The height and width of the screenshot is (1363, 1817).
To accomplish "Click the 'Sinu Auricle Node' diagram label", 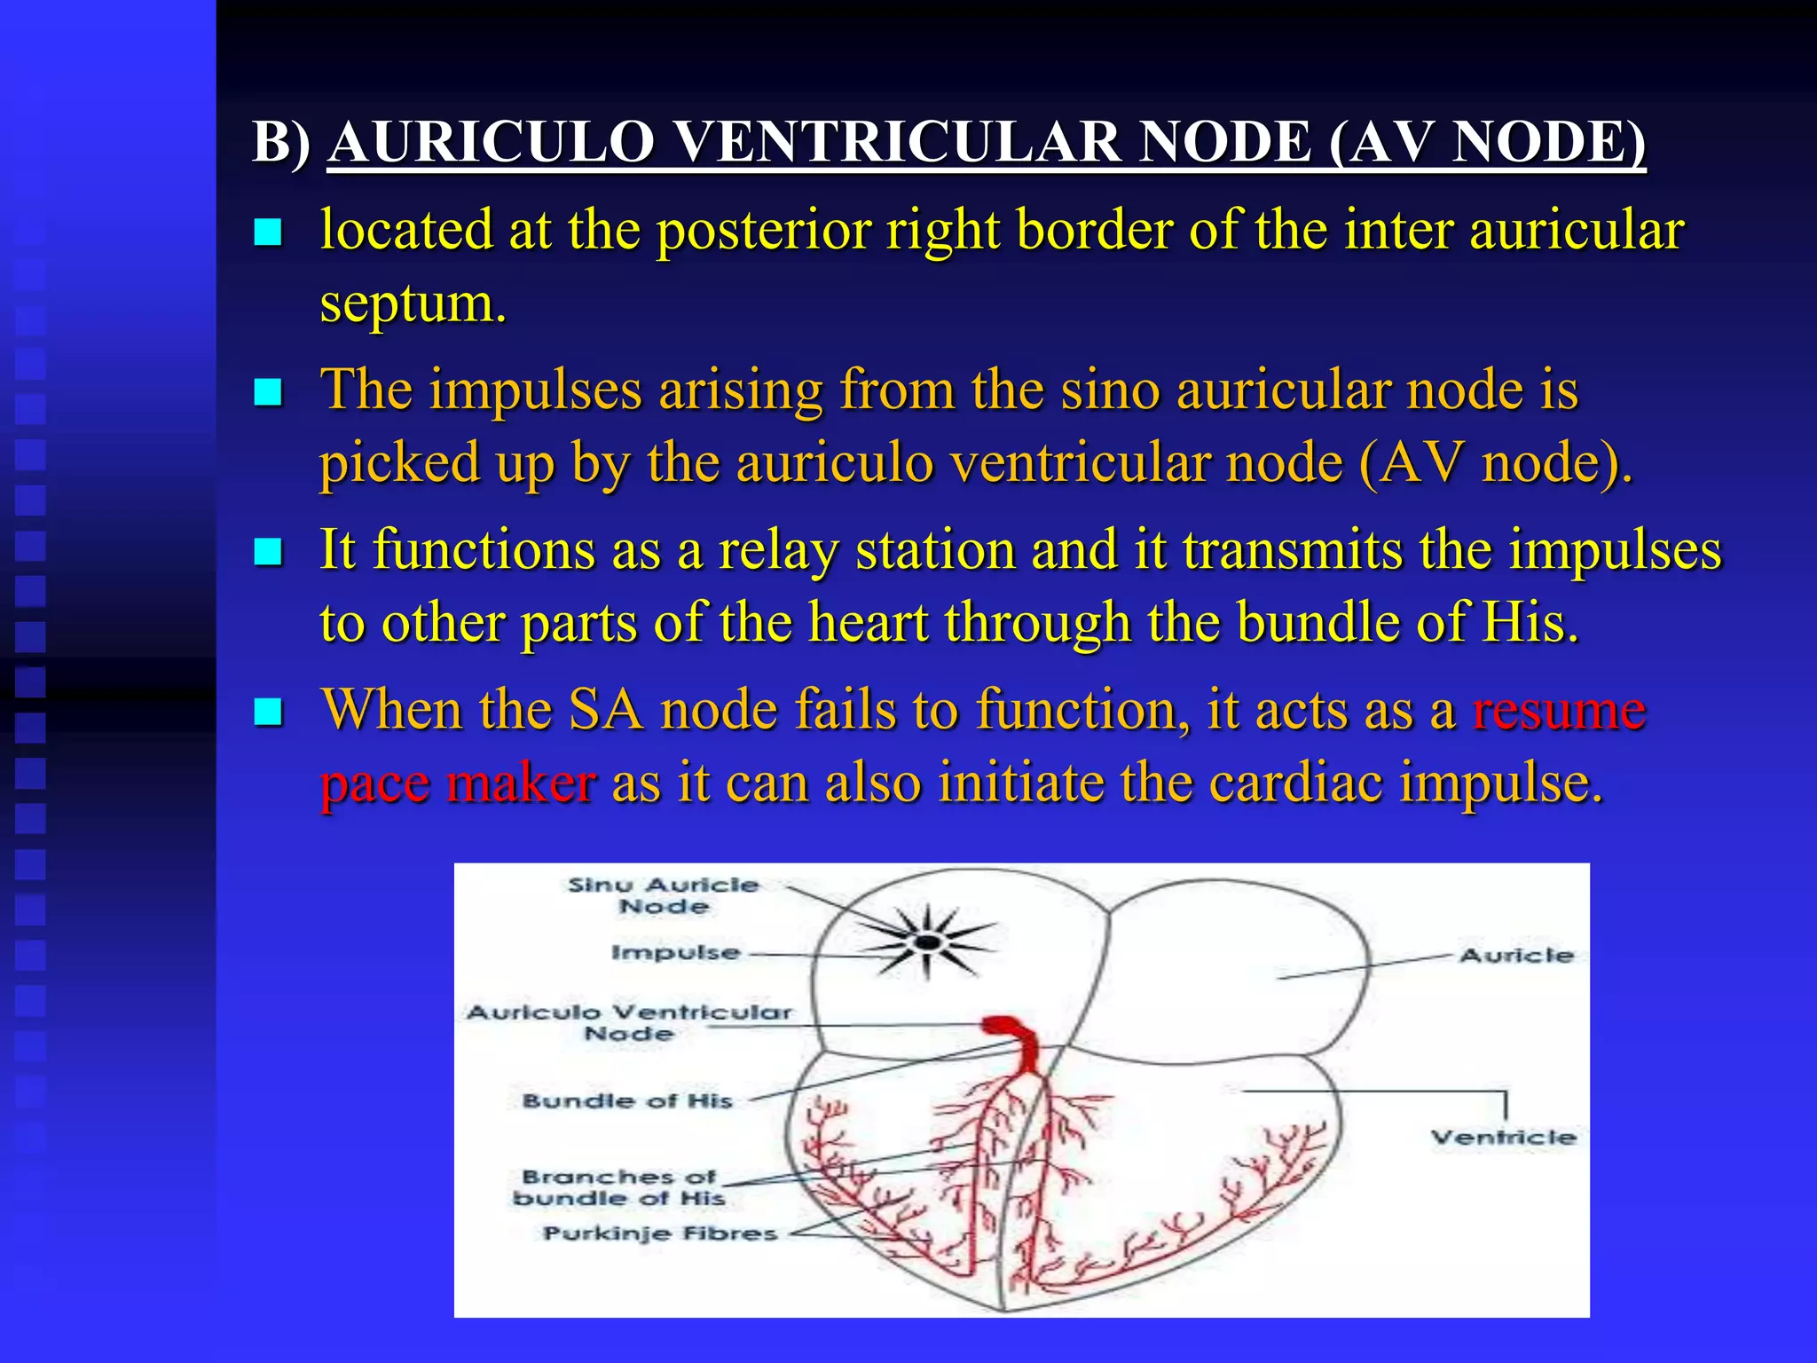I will click(x=664, y=895).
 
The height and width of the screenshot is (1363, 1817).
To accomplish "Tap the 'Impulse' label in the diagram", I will click(x=675, y=953).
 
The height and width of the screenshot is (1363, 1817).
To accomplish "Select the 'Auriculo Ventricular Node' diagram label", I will click(x=629, y=1023).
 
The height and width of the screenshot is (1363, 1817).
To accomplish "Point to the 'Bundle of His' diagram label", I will click(x=627, y=1101).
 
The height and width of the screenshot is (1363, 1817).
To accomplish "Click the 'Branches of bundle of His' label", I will click(x=619, y=1187).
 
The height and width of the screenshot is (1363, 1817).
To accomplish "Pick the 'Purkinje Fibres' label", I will click(x=660, y=1233).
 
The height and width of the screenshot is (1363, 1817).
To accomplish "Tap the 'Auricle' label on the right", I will click(x=1516, y=956).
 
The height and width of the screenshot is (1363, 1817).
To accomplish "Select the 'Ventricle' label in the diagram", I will click(x=1503, y=1138).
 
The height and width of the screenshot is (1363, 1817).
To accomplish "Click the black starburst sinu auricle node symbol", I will click(x=928, y=941).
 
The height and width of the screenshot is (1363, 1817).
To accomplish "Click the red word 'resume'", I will click(x=1559, y=711).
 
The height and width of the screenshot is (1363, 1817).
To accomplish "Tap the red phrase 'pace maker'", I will click(x=458, y=784).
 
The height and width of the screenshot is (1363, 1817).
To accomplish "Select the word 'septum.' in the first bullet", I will click(x=413, y=303).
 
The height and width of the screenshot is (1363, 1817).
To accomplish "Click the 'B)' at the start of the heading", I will click(x=281, y=142).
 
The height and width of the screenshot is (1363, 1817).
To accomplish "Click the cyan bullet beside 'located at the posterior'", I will click(x=268, y=232).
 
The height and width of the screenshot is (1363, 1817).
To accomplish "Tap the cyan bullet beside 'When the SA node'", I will click(x=268, y=712).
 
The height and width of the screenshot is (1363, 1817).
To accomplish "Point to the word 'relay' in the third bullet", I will click(x=778, y=551).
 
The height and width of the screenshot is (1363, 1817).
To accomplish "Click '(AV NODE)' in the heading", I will click(x=1487, y=142).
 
